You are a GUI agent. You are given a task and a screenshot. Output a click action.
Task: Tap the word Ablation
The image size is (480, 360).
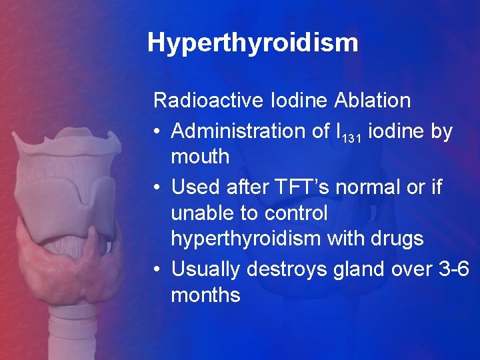pos(373,101)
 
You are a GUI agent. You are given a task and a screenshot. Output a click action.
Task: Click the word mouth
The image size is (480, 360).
pos(200,157)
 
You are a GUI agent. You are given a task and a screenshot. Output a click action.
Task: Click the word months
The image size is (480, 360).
pos(205,295)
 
